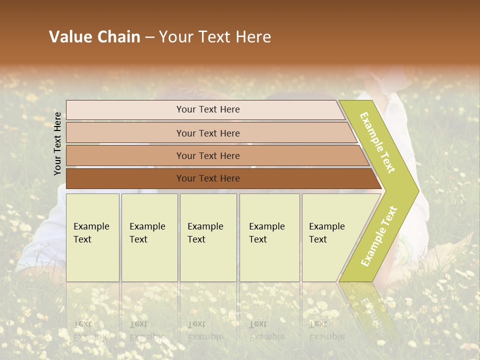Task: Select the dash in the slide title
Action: (149, 37)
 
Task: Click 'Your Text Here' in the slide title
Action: (215, 37)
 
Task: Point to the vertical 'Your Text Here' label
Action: (57, 143)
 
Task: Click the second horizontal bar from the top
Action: (208, 133)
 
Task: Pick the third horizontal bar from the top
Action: (208, 155)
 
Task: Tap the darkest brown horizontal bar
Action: (208, 178)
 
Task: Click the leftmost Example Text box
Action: (92, 237)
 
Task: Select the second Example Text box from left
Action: (149, 237)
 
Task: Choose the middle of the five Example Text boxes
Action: (208, 237)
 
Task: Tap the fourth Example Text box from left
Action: (269, 237)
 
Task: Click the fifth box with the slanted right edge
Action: (330, 237)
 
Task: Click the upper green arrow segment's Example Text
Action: (377, 142)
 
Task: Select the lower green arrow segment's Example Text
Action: (379, 236)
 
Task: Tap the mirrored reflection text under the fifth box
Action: (326, 330)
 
